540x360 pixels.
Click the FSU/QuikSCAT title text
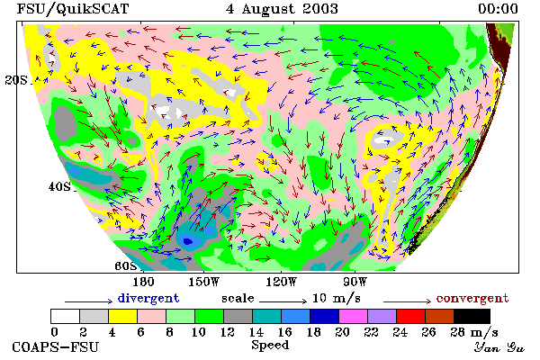point(73,9)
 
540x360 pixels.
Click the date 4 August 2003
point(282,9)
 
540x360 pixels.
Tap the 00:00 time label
point(498,9)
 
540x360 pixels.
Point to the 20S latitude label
point(16,80)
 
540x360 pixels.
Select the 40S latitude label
point(59,186)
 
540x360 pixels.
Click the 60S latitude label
point(126,266)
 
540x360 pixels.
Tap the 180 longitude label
point(143,282)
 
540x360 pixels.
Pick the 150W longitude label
point(204,282)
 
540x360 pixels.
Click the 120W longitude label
point(281,282)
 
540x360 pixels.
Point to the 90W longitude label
point(355,282)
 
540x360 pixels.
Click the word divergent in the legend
point(148,298)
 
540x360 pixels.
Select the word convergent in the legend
point(472,298)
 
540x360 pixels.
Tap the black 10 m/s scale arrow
point(283,301)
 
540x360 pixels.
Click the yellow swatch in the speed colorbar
point(123,316)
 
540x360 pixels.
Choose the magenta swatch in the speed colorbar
point(354,316)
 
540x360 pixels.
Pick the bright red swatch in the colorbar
point(411,316)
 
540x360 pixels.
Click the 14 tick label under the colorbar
point(256,332)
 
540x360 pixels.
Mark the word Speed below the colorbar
point(270,346)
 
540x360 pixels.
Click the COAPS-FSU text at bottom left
point(56,346)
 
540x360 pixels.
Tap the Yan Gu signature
point(499,347)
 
